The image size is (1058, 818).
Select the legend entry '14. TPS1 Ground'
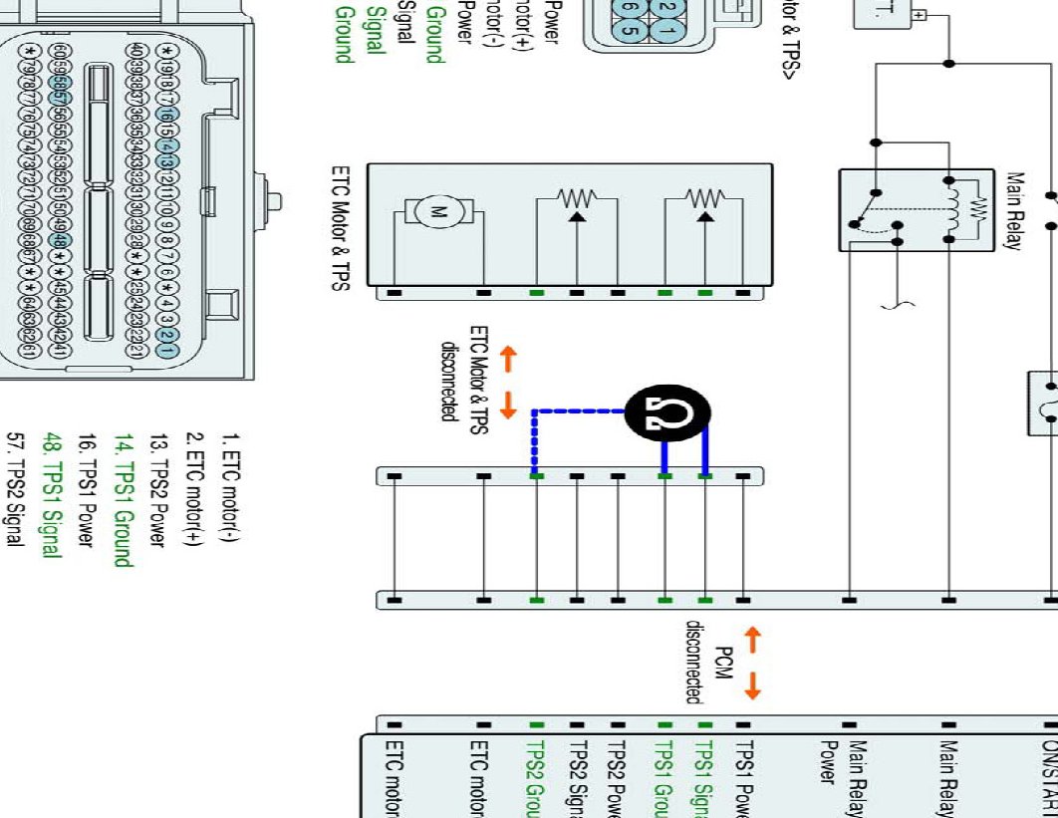[x=122, y=499]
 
